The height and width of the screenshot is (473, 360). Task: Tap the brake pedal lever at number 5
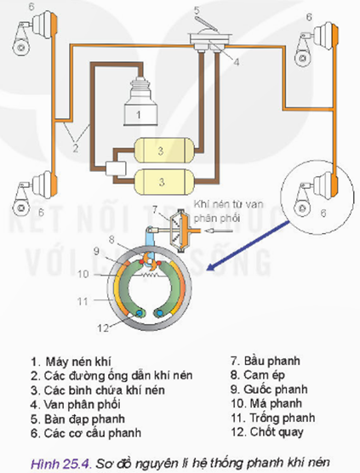click(206, 24)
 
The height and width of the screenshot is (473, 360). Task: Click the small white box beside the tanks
click(116, 168)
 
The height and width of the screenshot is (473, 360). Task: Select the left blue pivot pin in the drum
click(139, 314)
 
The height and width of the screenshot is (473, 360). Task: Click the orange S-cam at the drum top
click(150, 260)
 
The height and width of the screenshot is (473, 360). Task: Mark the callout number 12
click(103, 328)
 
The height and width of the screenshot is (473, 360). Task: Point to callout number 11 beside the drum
click(83, 301)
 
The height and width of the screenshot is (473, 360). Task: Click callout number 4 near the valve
click(237, 62)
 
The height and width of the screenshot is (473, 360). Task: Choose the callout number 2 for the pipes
click(75, 148)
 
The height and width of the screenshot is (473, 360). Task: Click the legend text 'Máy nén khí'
click(78, 361)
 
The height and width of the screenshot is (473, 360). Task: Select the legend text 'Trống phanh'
click(283, 418)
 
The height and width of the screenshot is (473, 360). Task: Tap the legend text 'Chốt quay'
click(277, 432)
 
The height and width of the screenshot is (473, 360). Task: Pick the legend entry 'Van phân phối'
click(82, 404)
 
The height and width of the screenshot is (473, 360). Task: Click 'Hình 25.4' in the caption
click(60, 463)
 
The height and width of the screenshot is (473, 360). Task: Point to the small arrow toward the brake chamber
click(218, 231)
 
